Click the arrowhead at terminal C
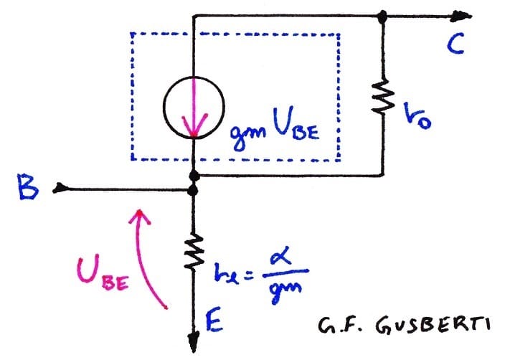click(465, 14)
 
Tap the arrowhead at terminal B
click(60, 189)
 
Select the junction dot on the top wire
click(384, 14)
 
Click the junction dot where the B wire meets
click(194, 190)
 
